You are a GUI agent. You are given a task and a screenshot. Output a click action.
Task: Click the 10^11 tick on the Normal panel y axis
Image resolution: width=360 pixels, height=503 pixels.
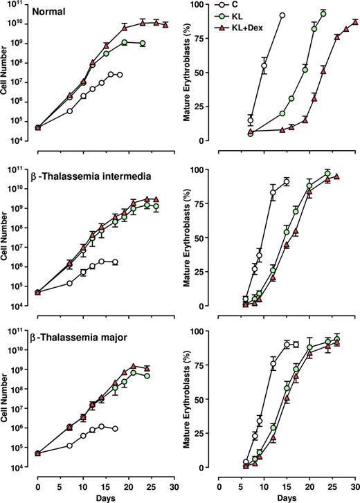(x=22, y=5)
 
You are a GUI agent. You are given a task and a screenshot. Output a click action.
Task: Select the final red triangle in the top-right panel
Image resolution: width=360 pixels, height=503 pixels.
(x=355, y=22)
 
